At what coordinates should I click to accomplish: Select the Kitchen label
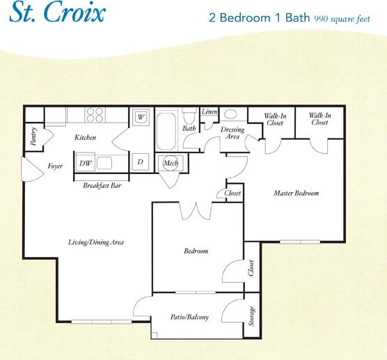click(85, 138)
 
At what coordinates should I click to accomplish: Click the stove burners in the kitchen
click(95, 115)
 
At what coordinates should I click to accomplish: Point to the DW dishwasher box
click(85, 163)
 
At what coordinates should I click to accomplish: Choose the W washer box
click(140, 116)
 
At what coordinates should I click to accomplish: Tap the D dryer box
click(140, 162)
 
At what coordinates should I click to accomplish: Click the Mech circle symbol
click(170, 163)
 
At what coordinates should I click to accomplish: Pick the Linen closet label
click(209, 112)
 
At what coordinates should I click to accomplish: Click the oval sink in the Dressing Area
click(231, 115)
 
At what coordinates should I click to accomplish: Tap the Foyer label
click(56, 166)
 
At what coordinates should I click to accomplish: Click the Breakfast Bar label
click(102, 186)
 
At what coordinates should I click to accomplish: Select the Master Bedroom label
click(296, 193)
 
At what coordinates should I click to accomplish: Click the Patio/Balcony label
click(189, 318)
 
